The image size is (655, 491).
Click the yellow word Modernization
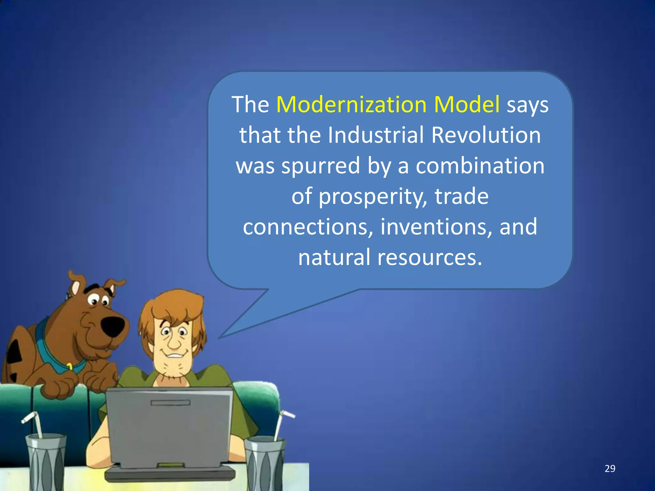pos(351,105)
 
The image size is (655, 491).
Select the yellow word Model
pos(467,105)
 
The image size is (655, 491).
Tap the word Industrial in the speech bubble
pos(376,135)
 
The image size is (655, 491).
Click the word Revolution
pos(486,135)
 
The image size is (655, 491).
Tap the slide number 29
pos(610,469)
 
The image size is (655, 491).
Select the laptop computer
pos(170,432)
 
